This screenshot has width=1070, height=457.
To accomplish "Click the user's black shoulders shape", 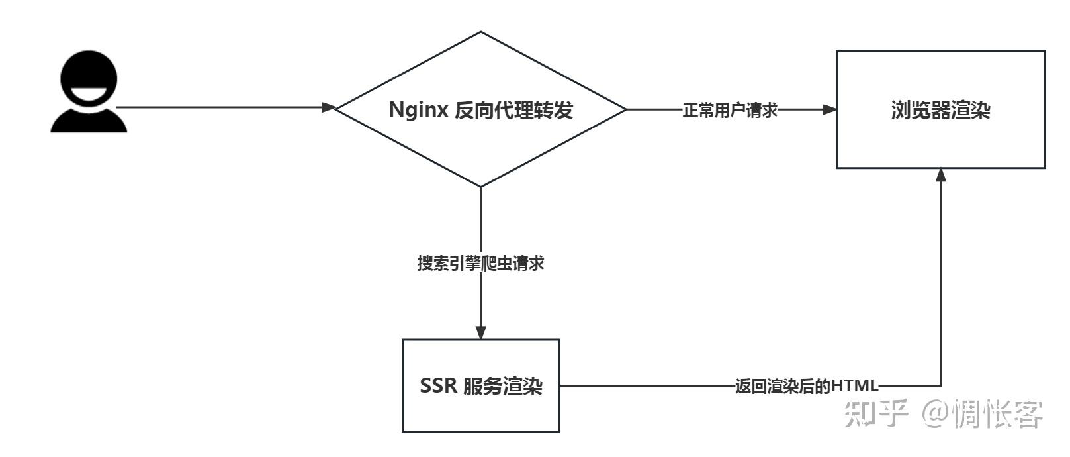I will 89,123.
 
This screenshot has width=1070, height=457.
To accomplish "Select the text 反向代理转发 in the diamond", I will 513,109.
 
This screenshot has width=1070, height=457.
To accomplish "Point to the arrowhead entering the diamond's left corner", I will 329,107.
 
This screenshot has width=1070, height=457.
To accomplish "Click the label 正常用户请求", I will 729,110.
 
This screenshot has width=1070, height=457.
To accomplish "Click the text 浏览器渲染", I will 940,110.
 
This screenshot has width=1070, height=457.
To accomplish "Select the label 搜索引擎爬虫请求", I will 480,263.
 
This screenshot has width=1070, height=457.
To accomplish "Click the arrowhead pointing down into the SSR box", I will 481,332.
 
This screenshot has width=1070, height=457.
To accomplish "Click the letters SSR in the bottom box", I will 438,385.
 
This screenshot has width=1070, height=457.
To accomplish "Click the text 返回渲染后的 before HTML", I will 783,385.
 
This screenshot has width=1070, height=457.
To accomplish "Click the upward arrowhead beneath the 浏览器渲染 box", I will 941,175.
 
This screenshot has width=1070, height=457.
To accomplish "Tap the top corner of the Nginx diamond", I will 481,32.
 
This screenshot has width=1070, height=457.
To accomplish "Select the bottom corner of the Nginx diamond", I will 481,187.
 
